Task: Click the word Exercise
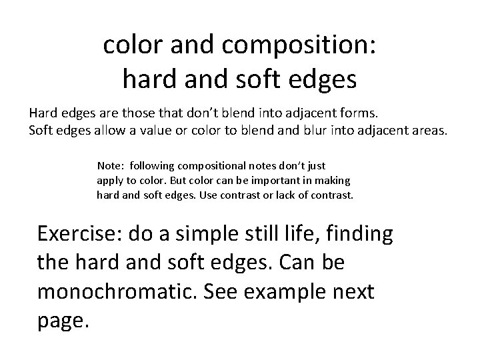81,235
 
